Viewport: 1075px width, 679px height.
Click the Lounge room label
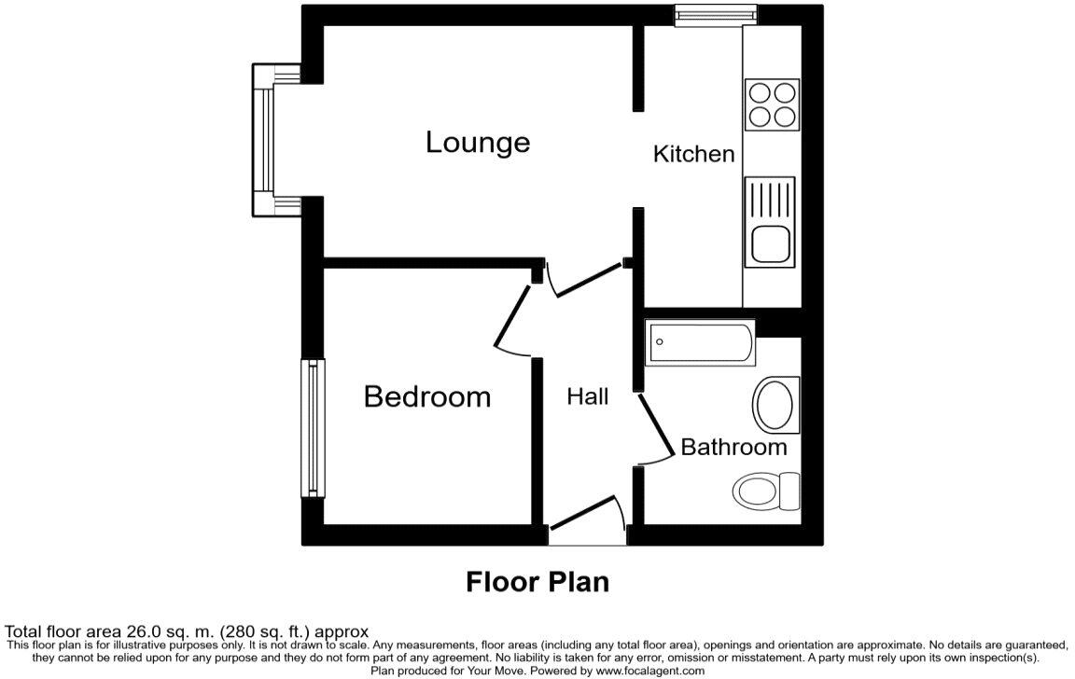click(x=478, y=143)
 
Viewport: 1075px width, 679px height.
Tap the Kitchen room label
click(x=693, y=154)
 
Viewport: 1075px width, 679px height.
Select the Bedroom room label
click(x=426, y=396)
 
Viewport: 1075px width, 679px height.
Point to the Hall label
click(x=588, y=396)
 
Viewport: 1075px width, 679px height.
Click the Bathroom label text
click(x=733, y=447)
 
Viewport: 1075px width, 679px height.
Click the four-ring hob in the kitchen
click(x=772, y=104)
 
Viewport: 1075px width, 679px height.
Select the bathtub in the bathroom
click(x=700, y=342)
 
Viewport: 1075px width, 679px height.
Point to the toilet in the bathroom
click(x=768, y=490)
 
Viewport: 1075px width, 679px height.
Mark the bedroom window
click(x=311, y=428)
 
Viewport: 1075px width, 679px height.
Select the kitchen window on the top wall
click(x=716, y=14)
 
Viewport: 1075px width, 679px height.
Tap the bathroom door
click(x=656, y=429)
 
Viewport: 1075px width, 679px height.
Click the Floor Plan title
click(x=537, y=582)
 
